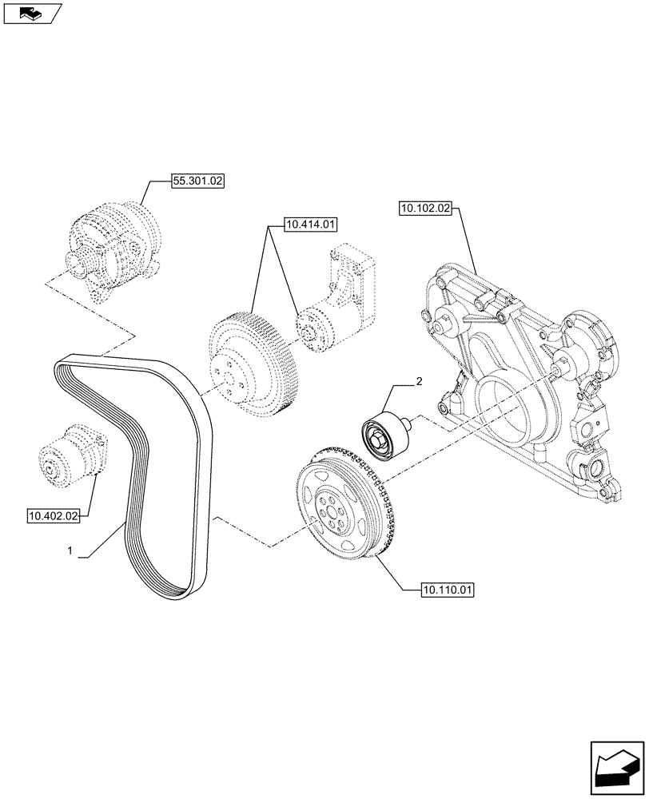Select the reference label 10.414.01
309,225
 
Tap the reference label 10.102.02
424,209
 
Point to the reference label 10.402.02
53,516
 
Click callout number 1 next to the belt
70,551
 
